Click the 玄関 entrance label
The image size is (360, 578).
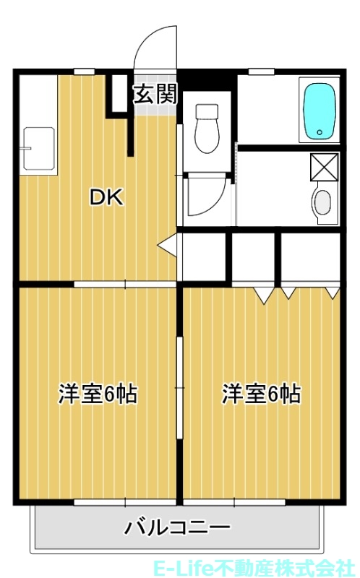point(154,94)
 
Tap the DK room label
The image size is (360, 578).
point(106,197)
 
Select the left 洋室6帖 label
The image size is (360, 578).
point(98,395)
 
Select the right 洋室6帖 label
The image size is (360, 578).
point(261,395)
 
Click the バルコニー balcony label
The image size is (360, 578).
point(177,527)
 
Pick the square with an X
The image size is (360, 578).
point(323,166)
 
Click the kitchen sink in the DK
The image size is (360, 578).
point(39,150)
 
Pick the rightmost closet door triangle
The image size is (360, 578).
point(333,293)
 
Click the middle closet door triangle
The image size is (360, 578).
point(288,293)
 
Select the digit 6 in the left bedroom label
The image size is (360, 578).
point(111,395)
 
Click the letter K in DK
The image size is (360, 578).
point(116,197)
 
